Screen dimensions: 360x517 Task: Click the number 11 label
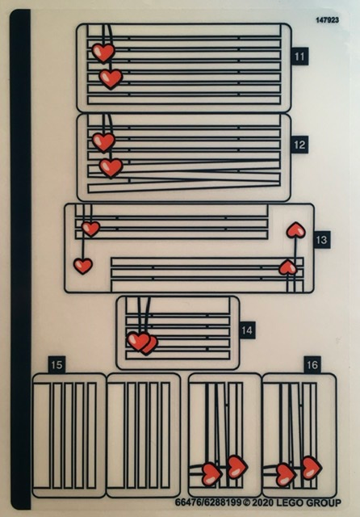point(299,57)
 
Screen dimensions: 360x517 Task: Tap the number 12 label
point(299,145)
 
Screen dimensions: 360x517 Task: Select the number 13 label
point(321,240)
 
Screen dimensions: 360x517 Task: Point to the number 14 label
point(247,330)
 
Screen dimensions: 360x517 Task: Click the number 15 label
point(57,364)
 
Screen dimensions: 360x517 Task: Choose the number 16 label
point(312,364)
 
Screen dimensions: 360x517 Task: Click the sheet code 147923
point(328,20)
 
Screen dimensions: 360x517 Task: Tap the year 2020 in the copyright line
point(263,502)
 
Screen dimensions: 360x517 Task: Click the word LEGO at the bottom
point(290,502)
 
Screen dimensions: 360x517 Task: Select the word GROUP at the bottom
point(324,502)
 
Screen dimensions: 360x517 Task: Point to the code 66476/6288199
point(208,502)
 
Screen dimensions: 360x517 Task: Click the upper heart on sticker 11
point(103,53)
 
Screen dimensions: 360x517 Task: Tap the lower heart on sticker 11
point(111,79)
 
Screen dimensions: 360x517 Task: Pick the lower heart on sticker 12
point(111,167)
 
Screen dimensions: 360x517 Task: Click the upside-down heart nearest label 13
point(296,229)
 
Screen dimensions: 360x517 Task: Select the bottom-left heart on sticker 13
point(83,266)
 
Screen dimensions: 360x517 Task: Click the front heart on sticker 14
point(138,341)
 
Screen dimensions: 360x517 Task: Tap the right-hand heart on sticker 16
point(312,468)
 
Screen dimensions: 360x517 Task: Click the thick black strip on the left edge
point(20,259)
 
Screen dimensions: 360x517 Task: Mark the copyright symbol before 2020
point(247,502)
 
